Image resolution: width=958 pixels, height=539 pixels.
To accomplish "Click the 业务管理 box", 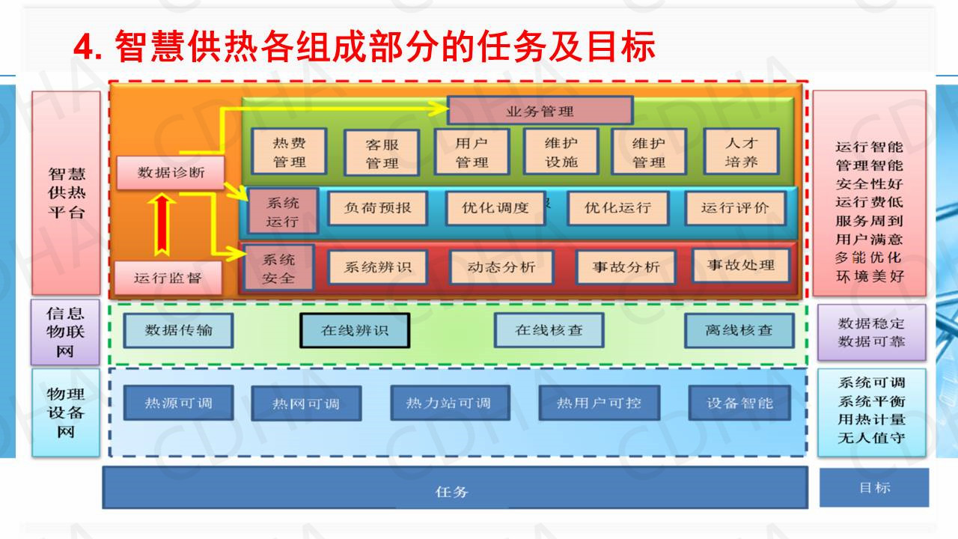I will point(540,111).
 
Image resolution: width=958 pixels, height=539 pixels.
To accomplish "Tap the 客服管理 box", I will point(381,153).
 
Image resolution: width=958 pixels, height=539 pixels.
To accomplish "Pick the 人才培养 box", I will point(741,151).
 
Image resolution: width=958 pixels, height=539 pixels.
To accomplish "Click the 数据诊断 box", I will point(170,173).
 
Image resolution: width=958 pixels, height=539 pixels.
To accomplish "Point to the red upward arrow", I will point(162,224).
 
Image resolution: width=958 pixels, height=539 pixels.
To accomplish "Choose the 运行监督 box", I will point(168,278).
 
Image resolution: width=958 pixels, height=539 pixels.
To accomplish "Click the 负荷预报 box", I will point(377,207).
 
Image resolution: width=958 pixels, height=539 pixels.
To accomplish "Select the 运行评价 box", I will point(734,207).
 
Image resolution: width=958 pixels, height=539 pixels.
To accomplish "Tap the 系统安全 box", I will point(278,268).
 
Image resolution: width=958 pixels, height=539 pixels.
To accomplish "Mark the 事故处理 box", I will point(740,265).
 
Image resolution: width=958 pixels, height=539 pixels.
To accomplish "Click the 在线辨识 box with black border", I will point(355,330).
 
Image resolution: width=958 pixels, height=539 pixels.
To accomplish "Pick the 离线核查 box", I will point(739,330).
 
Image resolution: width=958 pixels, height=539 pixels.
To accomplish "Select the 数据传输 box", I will point(178,330).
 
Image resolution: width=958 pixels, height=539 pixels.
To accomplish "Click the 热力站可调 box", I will point(449,403).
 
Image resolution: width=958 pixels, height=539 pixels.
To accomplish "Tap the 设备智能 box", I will point(739,402).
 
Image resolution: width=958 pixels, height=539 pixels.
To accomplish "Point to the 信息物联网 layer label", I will point(65,332).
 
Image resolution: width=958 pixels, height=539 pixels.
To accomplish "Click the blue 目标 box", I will point(873,487).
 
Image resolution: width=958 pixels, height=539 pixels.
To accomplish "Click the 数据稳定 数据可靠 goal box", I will point(870,332).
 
